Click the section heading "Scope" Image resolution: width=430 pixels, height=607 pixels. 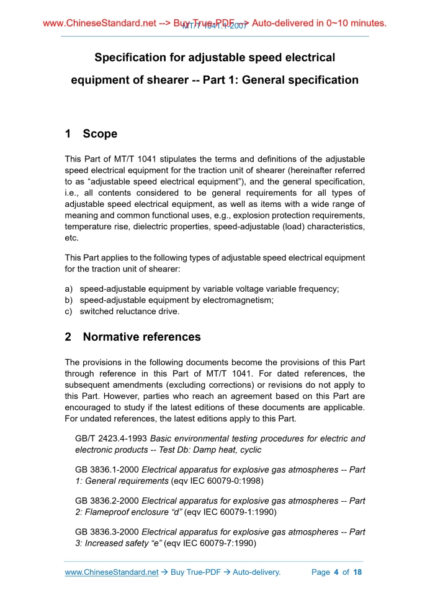pyautogui.click(x=100, y=134)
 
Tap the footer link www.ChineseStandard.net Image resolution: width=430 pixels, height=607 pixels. pyautogui.click(x=112, y=572)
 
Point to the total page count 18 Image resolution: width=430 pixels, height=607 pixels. pyautogui.click(x=357, y=572)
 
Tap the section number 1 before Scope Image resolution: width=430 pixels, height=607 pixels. pyautogui.click(x=68, y=134)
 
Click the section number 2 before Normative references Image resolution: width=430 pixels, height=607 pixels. pyautogui.click(x=68, y=337)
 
